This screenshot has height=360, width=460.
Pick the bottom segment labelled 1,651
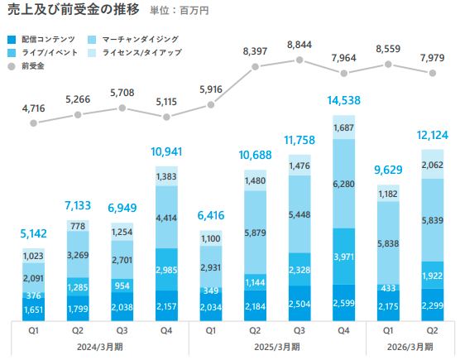click(33, 310)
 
